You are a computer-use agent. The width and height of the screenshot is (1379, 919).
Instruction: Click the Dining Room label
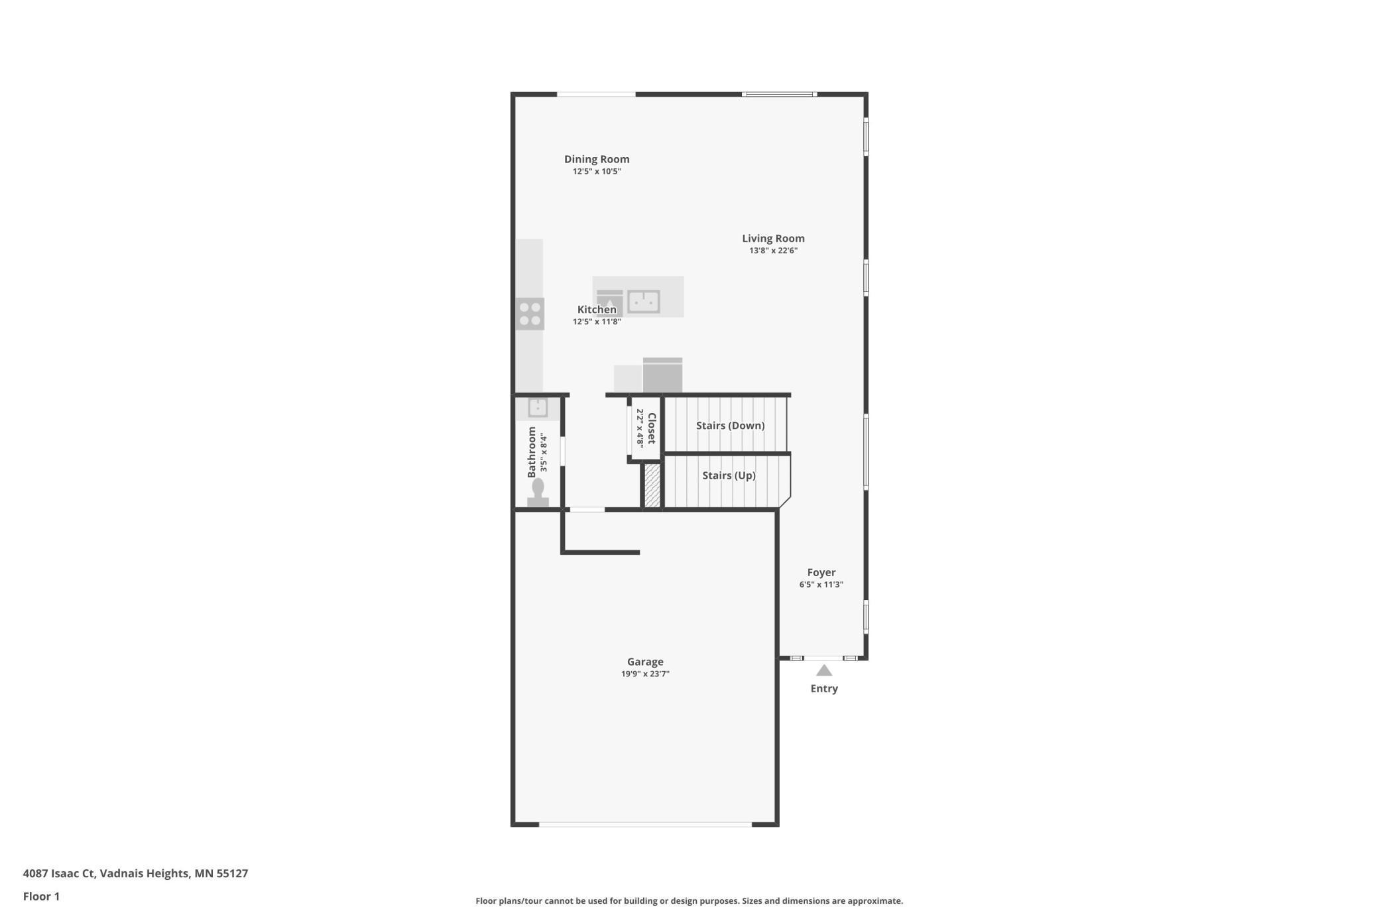pos(597,159)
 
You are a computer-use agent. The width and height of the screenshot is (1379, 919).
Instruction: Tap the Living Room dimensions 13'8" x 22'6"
pos(773,251)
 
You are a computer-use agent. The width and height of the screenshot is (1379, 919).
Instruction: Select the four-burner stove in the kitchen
pos(530,314)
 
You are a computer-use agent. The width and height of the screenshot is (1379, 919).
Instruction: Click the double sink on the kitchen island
pos(643,301)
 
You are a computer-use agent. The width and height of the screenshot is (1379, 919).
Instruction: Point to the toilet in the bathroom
pos(538,493)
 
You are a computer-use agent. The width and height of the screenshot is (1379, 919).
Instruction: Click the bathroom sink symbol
pos(538,407)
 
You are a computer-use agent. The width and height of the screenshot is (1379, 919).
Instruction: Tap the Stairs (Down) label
pos(730,426)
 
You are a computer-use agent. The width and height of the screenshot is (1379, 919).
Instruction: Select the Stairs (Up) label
pos(729,475)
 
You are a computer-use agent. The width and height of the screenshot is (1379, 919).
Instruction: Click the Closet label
pos(652,428)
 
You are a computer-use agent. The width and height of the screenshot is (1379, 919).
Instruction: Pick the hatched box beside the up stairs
pos(652,486)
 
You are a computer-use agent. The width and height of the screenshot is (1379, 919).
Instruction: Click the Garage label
pos(645,662)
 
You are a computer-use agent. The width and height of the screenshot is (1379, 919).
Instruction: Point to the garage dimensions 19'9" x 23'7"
pos(645,674)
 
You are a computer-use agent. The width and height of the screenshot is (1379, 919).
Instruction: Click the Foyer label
pos(821,572)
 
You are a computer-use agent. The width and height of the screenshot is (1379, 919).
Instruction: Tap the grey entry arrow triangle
pos(823,670)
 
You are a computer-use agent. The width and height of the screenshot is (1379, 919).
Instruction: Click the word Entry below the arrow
pos(823,689)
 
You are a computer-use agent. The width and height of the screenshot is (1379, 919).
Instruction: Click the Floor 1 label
pos(41,896)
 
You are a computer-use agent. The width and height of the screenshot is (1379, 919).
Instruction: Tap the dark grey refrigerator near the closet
pos(662,376)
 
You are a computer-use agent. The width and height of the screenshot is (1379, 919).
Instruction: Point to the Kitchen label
pos(597,310)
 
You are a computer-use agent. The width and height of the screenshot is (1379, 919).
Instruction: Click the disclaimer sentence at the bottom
pos(689,901)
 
